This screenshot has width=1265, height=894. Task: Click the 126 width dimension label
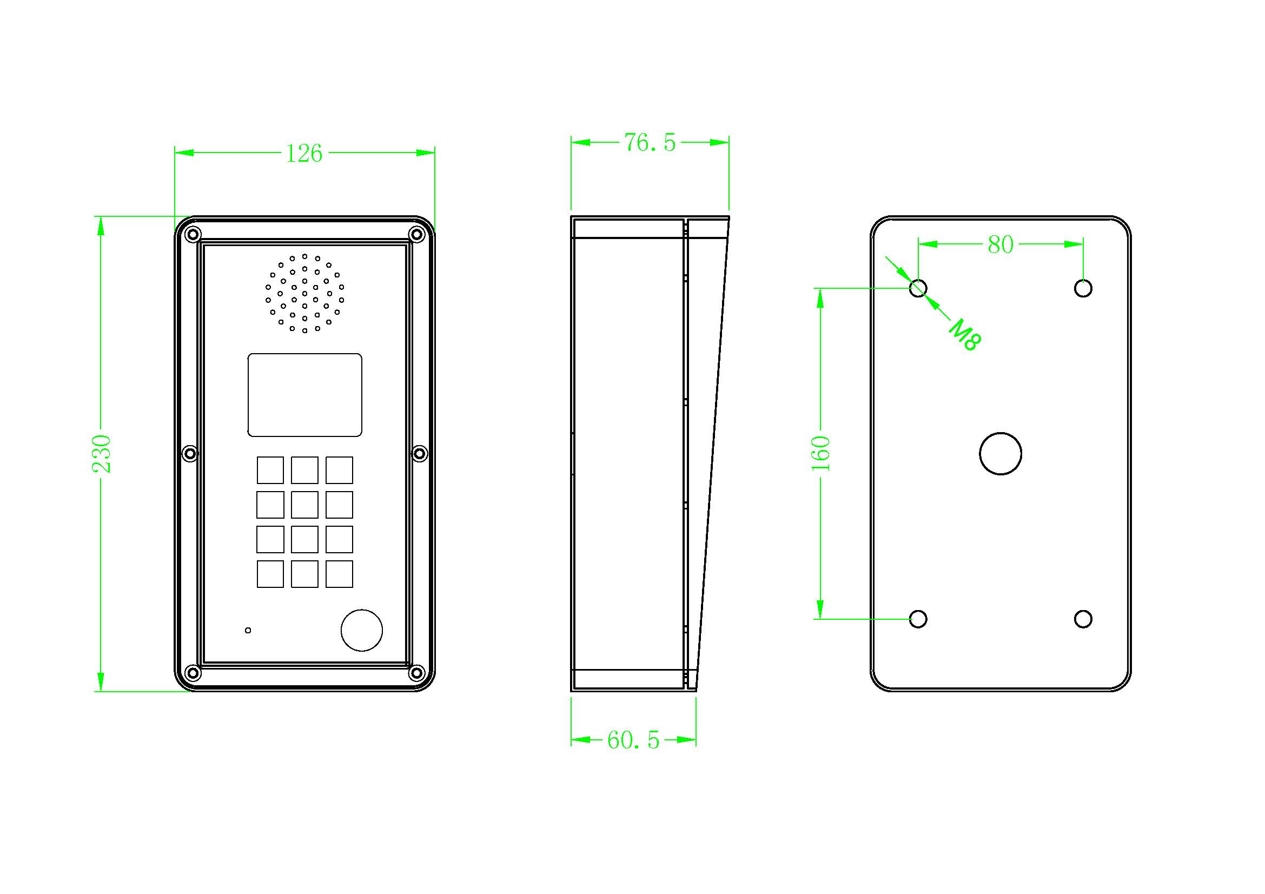(x=304, y=154)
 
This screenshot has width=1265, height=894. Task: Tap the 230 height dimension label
(x=102, y=454)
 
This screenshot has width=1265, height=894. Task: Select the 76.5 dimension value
(x=650, y=143)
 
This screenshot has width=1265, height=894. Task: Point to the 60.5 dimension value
(x=634, y=740)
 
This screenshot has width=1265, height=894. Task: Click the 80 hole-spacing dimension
(x=1001, y=244)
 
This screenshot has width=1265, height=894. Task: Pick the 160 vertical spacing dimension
(x=821, y=453)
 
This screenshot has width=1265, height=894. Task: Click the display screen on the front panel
(x=304, y=395)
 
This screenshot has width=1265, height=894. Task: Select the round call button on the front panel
(x=362, y=630)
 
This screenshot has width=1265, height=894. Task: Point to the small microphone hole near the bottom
(x=248, y=630)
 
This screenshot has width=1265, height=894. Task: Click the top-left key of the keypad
(x=270, y=470)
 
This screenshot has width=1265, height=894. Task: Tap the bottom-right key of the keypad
(x=339, y=574)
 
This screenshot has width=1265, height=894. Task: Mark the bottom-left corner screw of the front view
(x=193, y=672)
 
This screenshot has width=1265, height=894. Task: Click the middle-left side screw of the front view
(x=189, y=454)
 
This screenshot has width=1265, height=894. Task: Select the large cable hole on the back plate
(x=1001, y=453)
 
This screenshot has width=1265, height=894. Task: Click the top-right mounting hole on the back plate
(x=1083, y=288)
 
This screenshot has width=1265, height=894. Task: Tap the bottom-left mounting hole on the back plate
(x=918, y=619)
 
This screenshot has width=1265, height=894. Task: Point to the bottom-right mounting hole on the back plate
(x=1083, y=619)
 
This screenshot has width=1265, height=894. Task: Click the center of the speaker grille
(x=304, y=294)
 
